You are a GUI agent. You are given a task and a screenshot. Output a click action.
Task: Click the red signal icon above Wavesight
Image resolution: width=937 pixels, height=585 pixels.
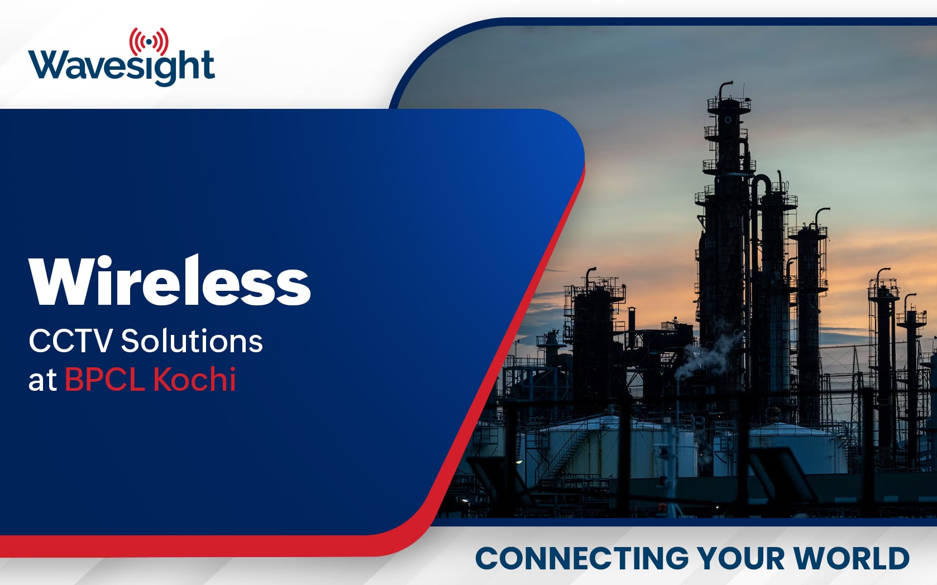point(149,41)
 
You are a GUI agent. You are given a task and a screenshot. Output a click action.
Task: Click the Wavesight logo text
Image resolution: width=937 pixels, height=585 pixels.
point(121,67)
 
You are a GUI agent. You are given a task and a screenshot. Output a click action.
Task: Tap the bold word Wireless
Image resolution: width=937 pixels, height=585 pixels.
point(169,281)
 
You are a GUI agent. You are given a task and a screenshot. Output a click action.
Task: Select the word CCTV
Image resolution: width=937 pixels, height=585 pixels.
point(70,341)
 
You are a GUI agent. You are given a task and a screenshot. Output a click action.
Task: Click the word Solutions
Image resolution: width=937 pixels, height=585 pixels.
point(192,341)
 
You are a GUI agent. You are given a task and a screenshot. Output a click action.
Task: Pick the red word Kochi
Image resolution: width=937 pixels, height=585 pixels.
point(194,378)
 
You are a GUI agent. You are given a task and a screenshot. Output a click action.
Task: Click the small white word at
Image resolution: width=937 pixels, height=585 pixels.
point(42,381)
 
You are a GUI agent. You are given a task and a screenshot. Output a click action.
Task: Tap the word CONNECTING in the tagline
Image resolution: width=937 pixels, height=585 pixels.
point(582,558)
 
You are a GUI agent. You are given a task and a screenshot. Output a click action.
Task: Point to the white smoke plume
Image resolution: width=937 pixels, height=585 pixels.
point(707,351)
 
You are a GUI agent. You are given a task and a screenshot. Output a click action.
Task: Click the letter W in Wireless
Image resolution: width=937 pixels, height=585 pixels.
point(63,281)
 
